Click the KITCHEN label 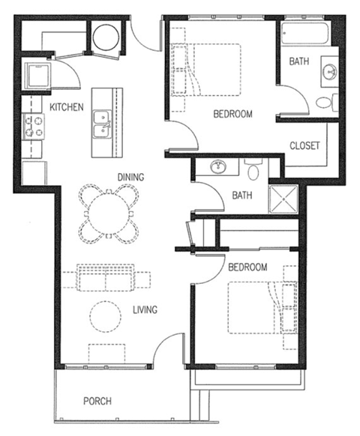(66, 107)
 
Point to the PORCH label (97, 402)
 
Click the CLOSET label (304, 145)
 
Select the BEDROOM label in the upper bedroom (232, 115)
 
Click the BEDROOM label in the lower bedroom (247, 267)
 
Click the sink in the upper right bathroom (329, 73)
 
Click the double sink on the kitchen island (100, 124)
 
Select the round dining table (109, 214)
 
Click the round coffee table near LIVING (106, 315)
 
